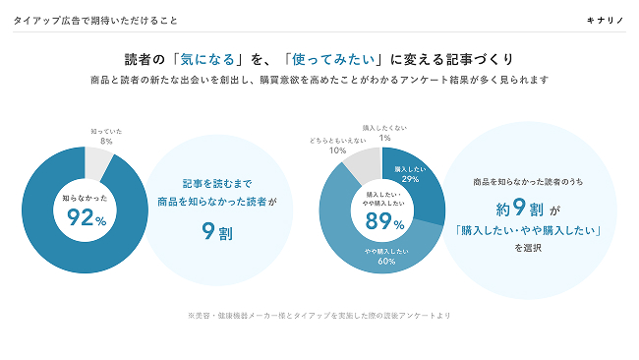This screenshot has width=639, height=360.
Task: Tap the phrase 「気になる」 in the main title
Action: (203, 59)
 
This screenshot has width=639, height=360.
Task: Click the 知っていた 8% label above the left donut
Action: (105, 137)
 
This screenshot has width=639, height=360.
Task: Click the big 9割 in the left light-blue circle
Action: (217, 233)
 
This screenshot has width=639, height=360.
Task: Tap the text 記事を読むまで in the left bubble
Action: (217, 183)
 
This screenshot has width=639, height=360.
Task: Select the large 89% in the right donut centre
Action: (384, 224)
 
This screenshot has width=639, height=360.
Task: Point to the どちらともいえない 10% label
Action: (337, 146)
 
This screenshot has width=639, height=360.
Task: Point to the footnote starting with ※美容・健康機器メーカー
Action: (319, 315)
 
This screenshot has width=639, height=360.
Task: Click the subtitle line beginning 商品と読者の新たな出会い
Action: (319, 80)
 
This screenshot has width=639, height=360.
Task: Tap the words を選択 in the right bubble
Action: (527, 249)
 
